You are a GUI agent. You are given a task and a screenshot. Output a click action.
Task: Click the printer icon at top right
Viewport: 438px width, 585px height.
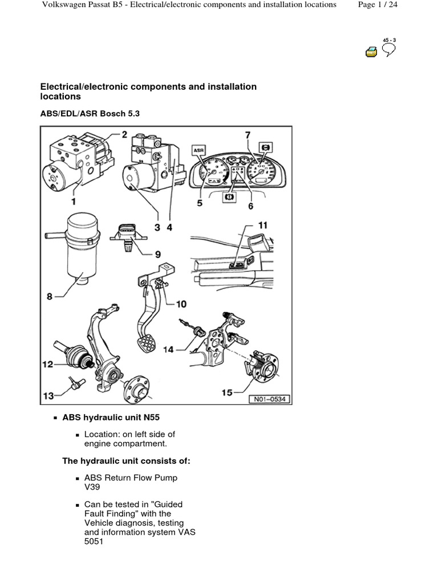point(371,52)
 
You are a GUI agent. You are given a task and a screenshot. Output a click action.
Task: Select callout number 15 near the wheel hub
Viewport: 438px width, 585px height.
point(227,392)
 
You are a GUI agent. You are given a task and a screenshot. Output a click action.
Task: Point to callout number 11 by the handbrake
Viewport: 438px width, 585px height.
point(262,225)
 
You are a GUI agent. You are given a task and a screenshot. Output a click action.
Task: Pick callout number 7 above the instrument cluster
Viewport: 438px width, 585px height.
point(248,135)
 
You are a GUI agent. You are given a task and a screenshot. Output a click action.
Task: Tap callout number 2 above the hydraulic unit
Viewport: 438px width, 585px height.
point(124,134)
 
